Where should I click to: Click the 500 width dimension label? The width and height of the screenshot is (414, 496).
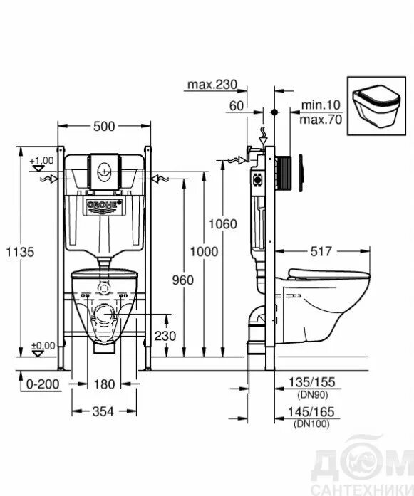104,126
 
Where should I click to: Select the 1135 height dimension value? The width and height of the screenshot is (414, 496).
20,252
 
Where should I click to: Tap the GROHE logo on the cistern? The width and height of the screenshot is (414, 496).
104,205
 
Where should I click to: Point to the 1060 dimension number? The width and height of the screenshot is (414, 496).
223,224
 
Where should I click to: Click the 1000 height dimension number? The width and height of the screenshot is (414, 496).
204,252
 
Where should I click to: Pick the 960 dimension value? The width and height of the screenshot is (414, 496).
182,280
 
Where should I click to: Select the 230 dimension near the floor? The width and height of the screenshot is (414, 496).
165,336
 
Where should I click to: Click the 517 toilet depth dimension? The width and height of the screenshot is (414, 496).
321,251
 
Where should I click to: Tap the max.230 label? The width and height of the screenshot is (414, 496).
212,85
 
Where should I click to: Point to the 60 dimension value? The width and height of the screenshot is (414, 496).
237,106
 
